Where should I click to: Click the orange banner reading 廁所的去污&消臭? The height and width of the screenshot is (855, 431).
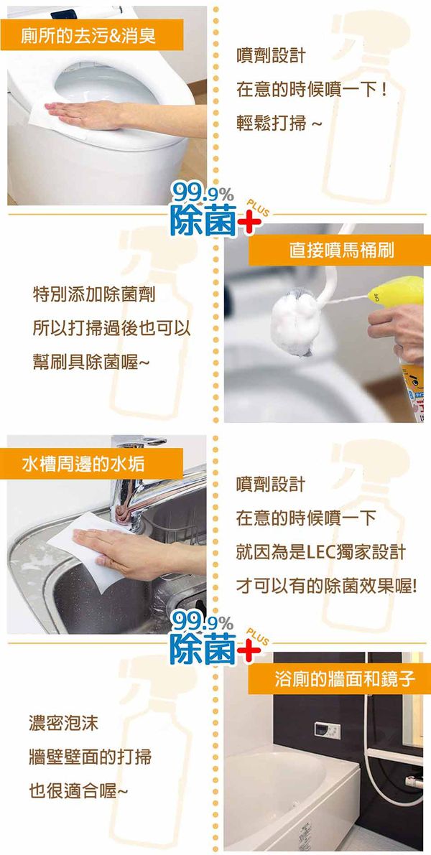(x=92, y=35)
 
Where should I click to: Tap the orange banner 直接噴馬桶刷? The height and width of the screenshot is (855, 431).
(x=339, y=251)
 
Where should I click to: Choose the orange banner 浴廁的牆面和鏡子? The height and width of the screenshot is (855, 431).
(x=339, y=679)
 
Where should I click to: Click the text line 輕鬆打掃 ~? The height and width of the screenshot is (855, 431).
(x=278, y=123)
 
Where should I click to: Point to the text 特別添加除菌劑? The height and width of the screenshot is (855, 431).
(x=94, y=295)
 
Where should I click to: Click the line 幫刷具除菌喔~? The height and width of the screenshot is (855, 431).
(x=91, y=362)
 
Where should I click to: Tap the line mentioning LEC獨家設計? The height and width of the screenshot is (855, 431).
(x=321, y=552)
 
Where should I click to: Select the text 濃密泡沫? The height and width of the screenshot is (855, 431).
(x=63, y=724)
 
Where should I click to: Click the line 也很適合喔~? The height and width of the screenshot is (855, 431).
(x=78, y=790)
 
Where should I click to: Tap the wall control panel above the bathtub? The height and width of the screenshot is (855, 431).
(x=328, y=731)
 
